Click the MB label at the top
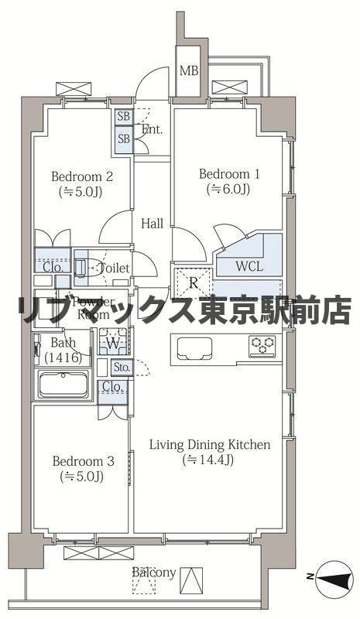click(x=188, y=70)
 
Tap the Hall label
click(x=153, y=224)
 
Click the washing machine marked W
click(x=113, y=342)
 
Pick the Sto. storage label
click(x=120, y=367)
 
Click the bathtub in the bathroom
click(x=64, y=385)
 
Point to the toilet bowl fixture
click(x=84, y=265)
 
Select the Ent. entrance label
click(x=152, y=129)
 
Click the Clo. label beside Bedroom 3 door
click(x=111, y=387)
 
